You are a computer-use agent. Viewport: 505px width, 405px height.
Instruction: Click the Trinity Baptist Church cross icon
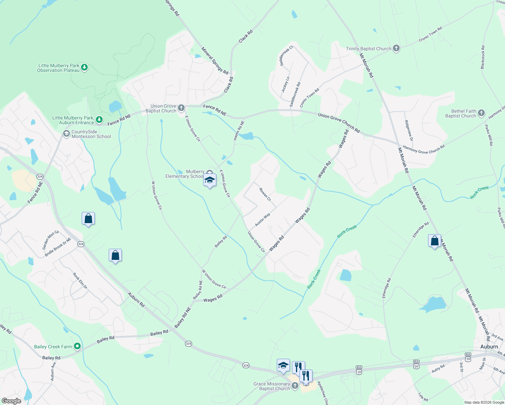[396, 49]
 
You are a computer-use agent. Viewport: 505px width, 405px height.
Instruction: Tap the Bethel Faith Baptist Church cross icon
[481, 113]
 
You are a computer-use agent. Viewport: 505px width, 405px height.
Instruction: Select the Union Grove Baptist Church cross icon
[181, 108]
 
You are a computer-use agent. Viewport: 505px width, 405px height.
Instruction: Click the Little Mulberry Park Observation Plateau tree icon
[84, 67]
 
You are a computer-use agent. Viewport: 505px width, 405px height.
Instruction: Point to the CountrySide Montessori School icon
[67, 134]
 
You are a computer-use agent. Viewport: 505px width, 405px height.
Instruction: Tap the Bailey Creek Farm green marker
[77, 346]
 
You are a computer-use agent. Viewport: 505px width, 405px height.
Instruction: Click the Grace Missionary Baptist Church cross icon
[295, 386]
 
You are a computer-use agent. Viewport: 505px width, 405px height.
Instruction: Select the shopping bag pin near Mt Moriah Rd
[434, 241]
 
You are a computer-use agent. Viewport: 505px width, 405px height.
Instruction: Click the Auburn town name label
[489, 347]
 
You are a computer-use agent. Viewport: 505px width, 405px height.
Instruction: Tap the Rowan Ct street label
[265, 194]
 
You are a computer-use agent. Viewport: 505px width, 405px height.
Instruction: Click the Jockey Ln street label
[286, 85]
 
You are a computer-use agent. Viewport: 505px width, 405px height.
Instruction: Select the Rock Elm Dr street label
[80, 281]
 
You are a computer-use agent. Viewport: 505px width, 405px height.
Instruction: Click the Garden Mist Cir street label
[51, 240]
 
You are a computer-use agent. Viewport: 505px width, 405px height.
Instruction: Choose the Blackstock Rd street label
[483, 57]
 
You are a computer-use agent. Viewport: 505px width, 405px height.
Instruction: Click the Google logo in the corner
[11, 401]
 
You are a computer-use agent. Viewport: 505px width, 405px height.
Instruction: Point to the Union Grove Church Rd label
[339, 123]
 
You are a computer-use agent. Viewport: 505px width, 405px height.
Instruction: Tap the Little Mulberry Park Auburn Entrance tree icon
[99, 119]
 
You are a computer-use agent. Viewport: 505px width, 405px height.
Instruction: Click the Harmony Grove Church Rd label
[424, 150]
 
